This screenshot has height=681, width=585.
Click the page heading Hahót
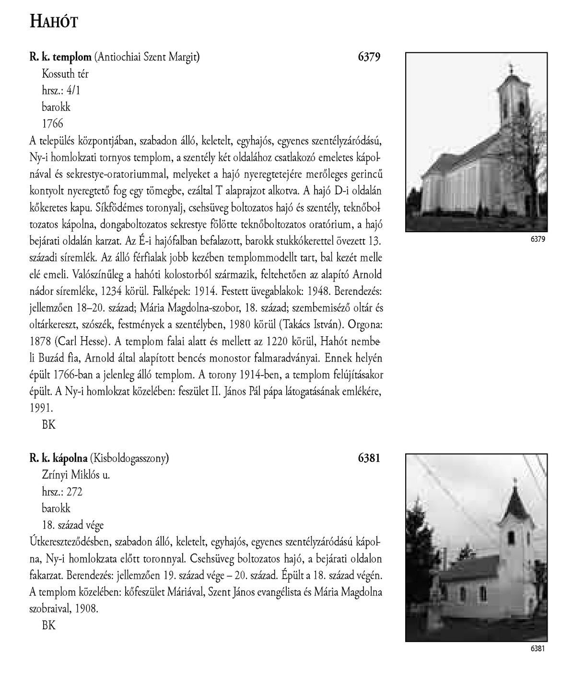click(54, 22)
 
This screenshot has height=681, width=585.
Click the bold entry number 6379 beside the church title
click(369, 57)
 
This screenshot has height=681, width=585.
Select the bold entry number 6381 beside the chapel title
click(369, 458)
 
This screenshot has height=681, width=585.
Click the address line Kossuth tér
click(65, 74)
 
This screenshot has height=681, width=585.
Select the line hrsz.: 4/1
click(61, 90)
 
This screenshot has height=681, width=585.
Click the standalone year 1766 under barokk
click(52, 123)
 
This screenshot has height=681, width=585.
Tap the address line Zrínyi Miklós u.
click(76, 475)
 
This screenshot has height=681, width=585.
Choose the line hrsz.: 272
click(62, 492)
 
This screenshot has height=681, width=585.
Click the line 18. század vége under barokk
click(73, 525)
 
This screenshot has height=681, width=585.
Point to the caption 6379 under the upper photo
click(538, 239)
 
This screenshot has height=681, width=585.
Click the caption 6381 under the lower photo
click(538, 649)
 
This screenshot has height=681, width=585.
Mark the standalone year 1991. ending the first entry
click(41, 408)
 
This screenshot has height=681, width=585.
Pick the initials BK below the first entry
click(49, 424)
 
